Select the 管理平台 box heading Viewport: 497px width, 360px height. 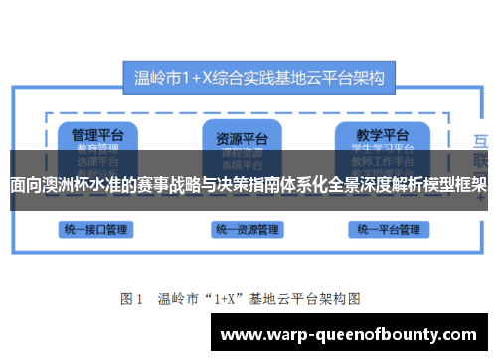pyautogui.click(x=90, y=134)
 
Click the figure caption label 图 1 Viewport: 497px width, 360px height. pyautogui.click(x=132, y=297)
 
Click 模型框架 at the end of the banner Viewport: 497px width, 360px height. pyautogui.click(x=455, y=184)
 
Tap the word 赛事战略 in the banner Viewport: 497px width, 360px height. pyautogui.click(x=170, y=184)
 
